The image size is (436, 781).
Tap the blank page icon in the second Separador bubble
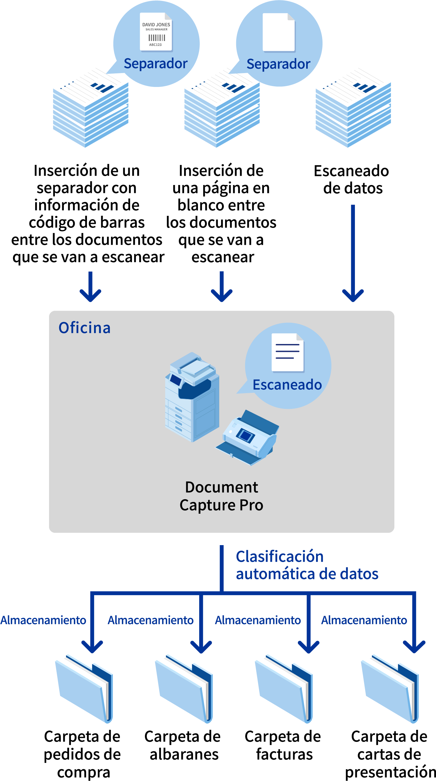coord(279,32)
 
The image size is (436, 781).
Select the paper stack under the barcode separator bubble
coord(91,111)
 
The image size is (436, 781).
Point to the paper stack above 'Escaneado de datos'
coord(353,111)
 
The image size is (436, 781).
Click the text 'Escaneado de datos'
coord(352,179)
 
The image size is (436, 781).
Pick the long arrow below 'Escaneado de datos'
coord(353,253)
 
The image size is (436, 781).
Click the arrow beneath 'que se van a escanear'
coord(90,287)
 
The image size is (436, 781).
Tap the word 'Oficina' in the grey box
coord(84,328)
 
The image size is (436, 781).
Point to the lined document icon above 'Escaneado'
coord(287,352)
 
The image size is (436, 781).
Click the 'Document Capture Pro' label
coord(221,496)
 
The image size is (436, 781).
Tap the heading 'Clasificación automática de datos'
coord(307,565)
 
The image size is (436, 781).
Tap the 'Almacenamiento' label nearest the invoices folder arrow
coord(258,620)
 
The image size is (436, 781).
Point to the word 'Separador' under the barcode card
coord(156,64)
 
